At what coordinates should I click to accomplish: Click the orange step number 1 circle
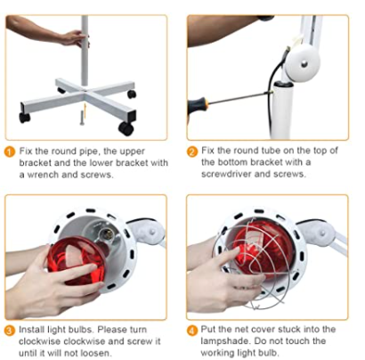coord(10,152)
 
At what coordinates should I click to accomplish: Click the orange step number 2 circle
coord(192,151)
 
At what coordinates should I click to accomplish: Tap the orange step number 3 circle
coord(10,331)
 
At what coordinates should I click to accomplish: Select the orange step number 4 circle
coord(192,331)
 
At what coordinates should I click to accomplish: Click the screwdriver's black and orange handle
coord(198,103)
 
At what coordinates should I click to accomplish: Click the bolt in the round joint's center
coord(304,63)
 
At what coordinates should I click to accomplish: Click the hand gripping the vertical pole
coord(72,38)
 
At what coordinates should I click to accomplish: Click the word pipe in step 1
coord(88,151)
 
